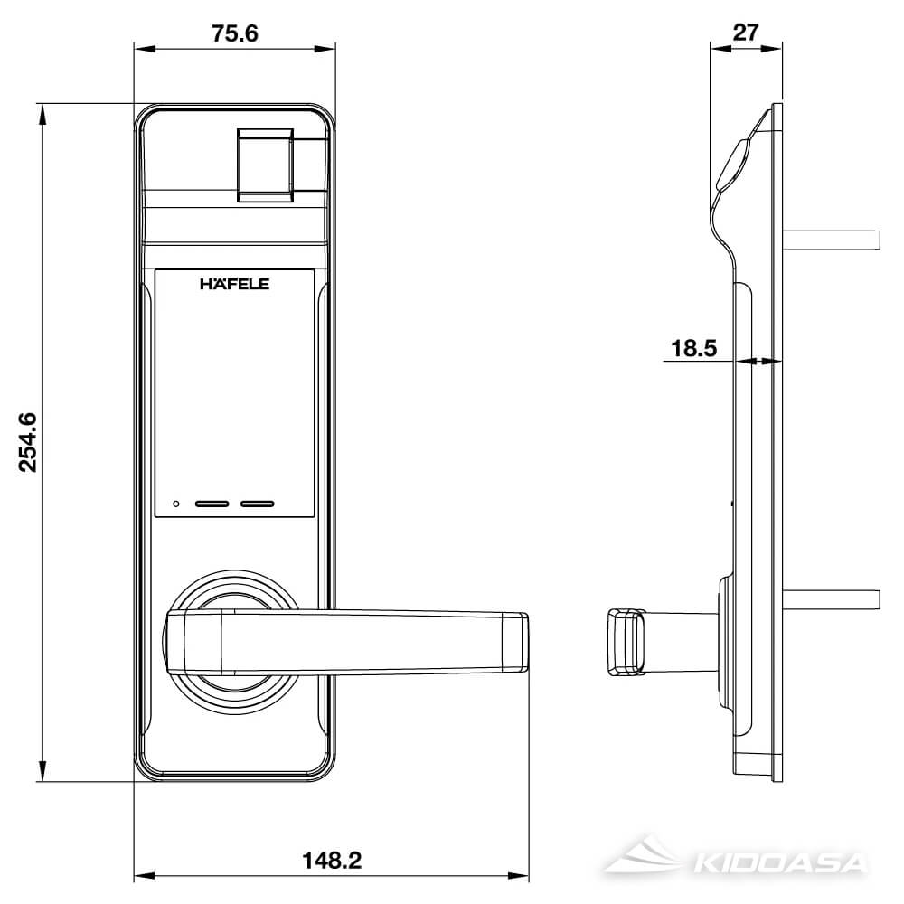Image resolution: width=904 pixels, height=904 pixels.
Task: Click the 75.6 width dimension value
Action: (x=235, y=33)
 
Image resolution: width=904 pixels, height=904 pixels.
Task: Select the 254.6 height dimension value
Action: (x=28, y=441)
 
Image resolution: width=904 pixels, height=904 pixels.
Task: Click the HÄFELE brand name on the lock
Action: (x=235, y=284)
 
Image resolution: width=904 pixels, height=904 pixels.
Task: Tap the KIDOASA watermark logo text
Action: (x=777, y=862)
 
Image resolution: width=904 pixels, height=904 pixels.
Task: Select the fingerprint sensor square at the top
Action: (x=266, y=164)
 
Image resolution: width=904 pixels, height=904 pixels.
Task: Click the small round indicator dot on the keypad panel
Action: (x=176, y=504)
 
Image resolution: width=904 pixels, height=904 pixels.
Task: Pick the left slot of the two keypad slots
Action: (x=214, y=504)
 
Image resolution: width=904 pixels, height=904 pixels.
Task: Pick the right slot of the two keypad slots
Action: (x=258, y=504)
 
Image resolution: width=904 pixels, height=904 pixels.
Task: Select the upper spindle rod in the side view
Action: (x=832, y=240)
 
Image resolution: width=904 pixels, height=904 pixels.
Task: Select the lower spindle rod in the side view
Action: (x=832, y=598)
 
